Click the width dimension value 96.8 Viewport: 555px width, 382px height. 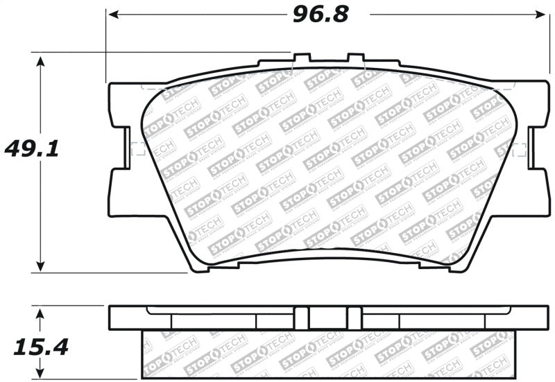tap(319, 13)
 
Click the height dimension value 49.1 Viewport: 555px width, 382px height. tap(33, 148)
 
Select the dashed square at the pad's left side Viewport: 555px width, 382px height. tap(137, 148)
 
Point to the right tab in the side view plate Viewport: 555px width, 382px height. tap(355, 318)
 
